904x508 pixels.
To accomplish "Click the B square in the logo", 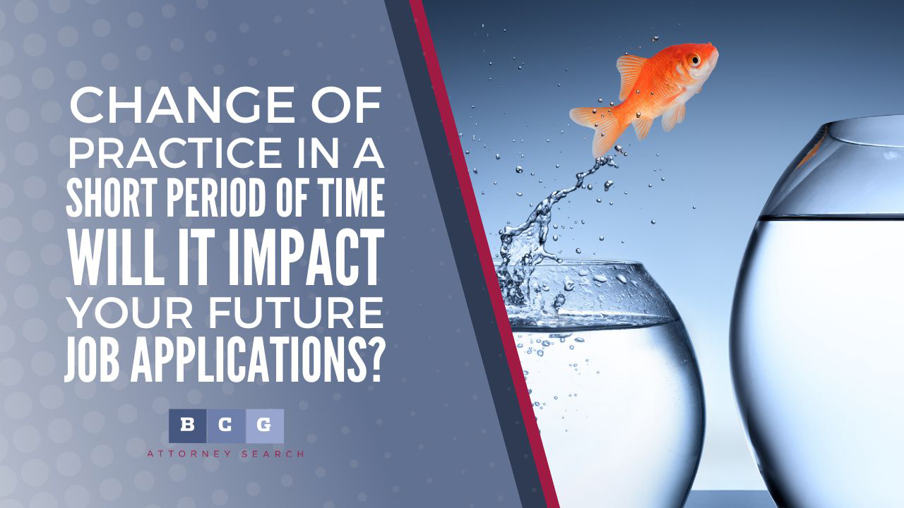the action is pos(188,426).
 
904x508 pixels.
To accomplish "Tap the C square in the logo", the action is pos(226,426).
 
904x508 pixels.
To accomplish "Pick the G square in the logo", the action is pos(265,426).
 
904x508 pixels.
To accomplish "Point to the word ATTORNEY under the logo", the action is pos(189,454).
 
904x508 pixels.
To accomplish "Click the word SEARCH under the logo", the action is pos(273,454).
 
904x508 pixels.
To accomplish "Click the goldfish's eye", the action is pos(694,60).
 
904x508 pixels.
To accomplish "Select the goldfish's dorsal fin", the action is pos(631,75).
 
